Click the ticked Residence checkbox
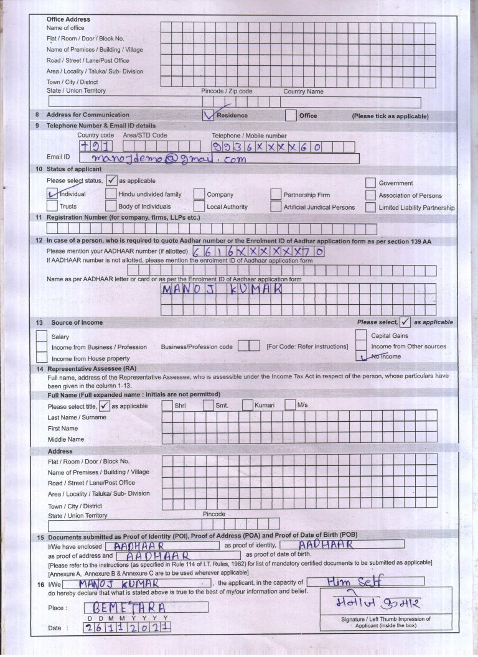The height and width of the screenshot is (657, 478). click(209, 115)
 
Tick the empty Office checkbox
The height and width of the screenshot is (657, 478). click(290, 115)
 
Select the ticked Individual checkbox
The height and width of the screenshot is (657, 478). click(53, 194)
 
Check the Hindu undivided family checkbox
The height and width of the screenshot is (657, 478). click(111, 194)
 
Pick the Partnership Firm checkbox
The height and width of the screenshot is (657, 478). click(276, 195)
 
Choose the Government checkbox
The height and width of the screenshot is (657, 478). click(370, 183)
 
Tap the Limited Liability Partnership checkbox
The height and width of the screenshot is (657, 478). click(370, 207)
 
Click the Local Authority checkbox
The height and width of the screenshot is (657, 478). click(199, 207)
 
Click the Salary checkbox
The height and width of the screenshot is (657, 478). click(42, 336)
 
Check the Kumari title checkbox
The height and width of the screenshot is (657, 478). click(247, 406)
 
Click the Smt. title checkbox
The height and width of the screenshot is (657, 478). click(208, 406)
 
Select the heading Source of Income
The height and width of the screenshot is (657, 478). click(77, 322)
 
